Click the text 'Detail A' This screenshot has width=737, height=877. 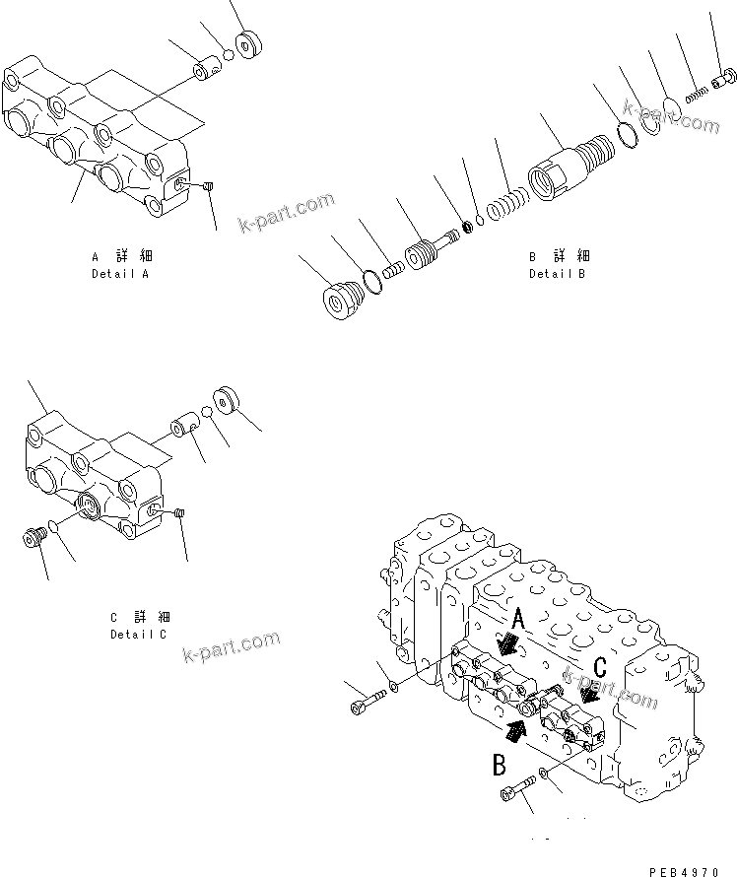point(120,274)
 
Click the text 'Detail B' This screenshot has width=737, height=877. point(557,274)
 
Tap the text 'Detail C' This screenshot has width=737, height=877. point(139,635)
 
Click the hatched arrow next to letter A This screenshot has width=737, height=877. point(509,644)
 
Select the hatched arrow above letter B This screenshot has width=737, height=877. point(515,728)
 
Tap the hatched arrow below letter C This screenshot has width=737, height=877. point(591,694)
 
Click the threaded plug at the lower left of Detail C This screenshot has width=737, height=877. point(35,538)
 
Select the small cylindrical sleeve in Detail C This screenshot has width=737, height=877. point(184,430)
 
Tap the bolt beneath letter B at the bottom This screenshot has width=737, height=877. point(518,787)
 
